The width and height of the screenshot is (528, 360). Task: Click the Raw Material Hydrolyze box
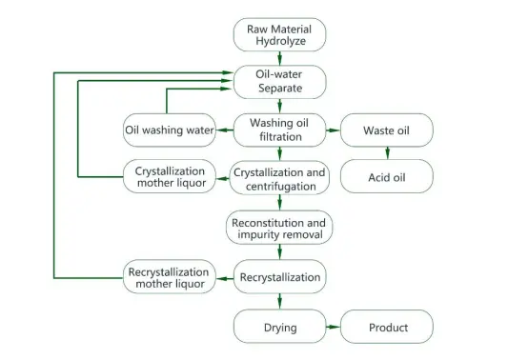[279, 34]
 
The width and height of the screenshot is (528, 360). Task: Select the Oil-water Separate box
[279, 81]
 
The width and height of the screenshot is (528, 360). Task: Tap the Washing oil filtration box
[279, 130]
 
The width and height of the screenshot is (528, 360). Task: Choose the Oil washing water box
[169, 130]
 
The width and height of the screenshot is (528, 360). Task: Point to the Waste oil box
[387, 130]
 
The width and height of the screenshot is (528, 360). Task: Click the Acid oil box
[387, 176]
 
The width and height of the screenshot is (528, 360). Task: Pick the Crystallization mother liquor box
[169, 176]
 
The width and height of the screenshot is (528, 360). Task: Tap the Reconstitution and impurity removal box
[279, 229]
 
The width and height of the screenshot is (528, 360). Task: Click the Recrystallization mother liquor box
[169, 278]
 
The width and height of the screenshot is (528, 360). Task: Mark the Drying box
[279, 328]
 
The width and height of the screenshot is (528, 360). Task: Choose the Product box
[387, 328]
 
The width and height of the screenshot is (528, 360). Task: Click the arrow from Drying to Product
[333, 328]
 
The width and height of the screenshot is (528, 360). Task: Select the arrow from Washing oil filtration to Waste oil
[333, 130]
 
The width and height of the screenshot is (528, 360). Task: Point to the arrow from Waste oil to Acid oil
[387, 153]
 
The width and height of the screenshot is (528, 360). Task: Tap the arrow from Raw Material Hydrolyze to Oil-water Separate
[279, 58]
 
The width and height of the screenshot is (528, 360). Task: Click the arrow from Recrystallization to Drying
[279, 302]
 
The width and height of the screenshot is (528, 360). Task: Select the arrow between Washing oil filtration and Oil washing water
[224, 130]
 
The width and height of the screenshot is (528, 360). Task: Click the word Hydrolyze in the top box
[279, 42]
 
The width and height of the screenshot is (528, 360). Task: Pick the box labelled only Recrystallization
[279, 278]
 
